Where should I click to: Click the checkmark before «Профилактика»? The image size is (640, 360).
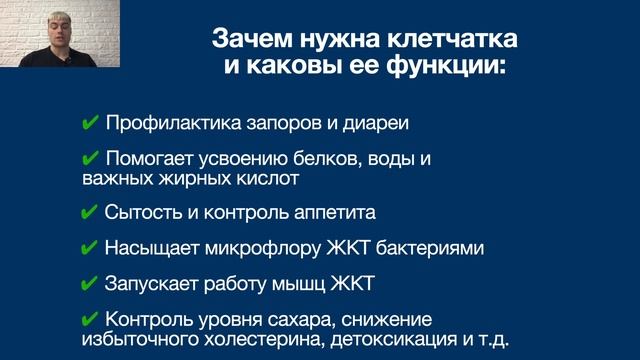(89, 124)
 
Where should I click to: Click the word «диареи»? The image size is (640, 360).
(378, 124)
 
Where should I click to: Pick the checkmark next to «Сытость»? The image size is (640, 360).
(89, 213)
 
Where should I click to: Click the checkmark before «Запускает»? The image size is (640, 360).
(89, 283)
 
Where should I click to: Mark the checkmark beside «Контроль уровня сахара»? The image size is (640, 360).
(89, 319)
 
